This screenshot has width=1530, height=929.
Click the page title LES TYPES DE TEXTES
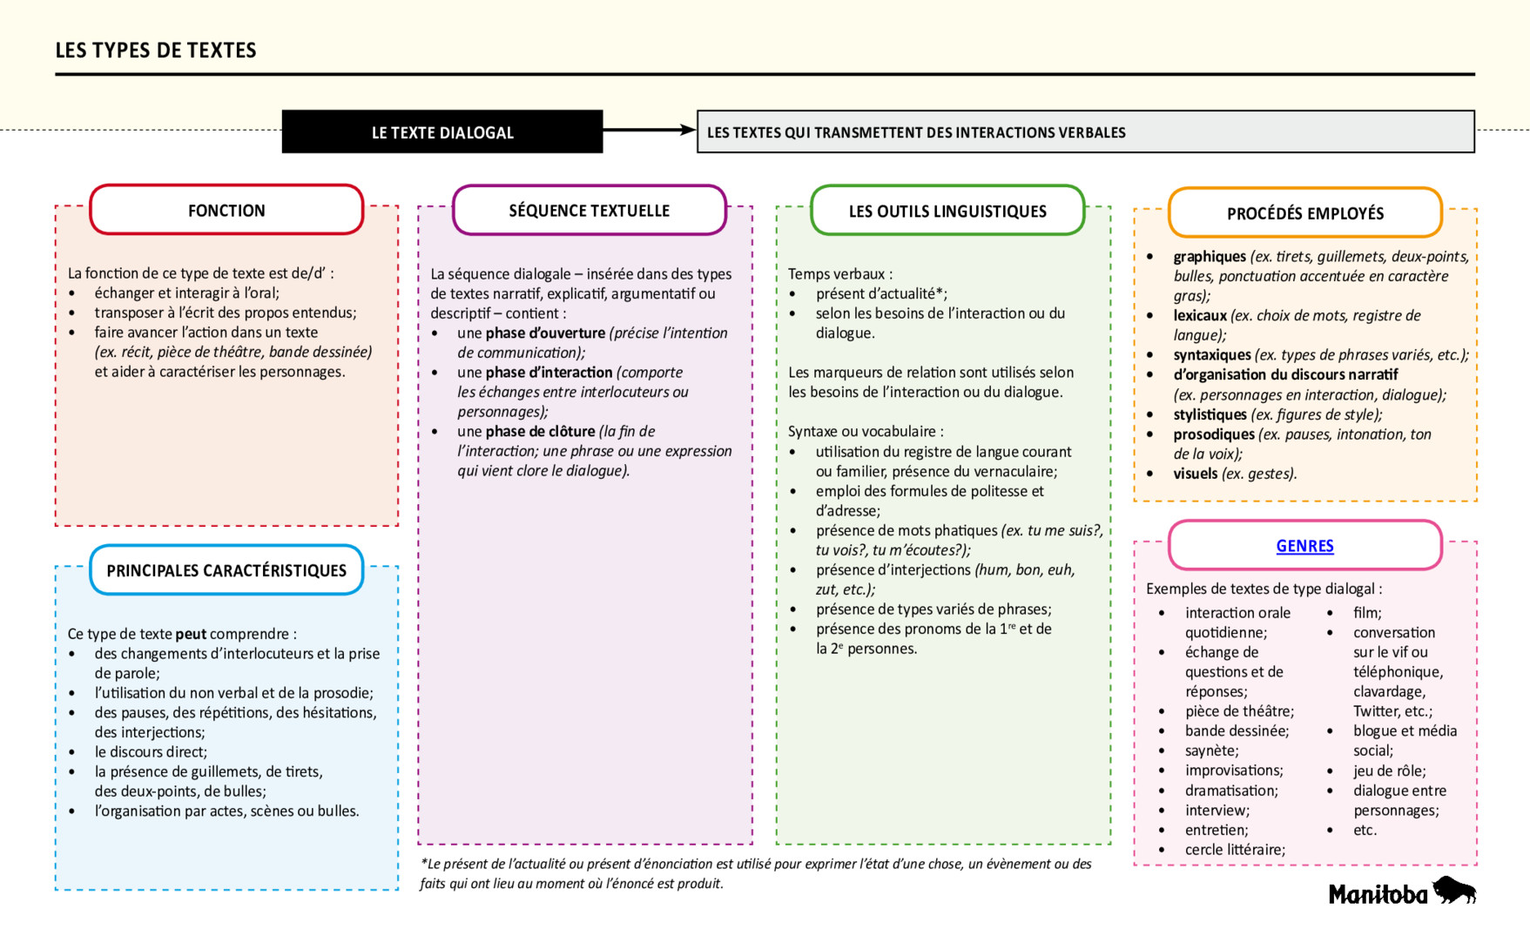156,50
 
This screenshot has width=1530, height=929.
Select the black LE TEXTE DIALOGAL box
442,132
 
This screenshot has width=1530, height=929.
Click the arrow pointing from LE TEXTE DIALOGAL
649,131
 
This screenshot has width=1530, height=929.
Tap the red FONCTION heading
226,211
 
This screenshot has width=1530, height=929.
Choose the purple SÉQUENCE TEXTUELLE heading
589,211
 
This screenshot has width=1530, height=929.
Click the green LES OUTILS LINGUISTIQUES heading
947,212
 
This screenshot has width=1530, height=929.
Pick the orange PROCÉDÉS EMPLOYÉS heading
1304,214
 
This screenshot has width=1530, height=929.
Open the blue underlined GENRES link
1304,546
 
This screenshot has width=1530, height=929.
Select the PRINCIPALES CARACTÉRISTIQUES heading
226,571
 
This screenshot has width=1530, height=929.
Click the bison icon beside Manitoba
1454,891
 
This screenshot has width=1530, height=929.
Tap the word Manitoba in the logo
1378,894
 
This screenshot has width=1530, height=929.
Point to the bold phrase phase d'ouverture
545,333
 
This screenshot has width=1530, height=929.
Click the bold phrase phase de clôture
540,432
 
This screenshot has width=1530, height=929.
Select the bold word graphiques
1210,257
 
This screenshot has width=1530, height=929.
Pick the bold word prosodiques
1214,434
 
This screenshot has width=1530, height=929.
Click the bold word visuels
1195,474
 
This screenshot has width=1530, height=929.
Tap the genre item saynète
1211,751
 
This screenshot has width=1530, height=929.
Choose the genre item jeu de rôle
1389,771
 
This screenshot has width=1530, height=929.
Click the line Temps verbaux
839,274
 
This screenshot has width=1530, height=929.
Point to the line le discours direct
151,752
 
